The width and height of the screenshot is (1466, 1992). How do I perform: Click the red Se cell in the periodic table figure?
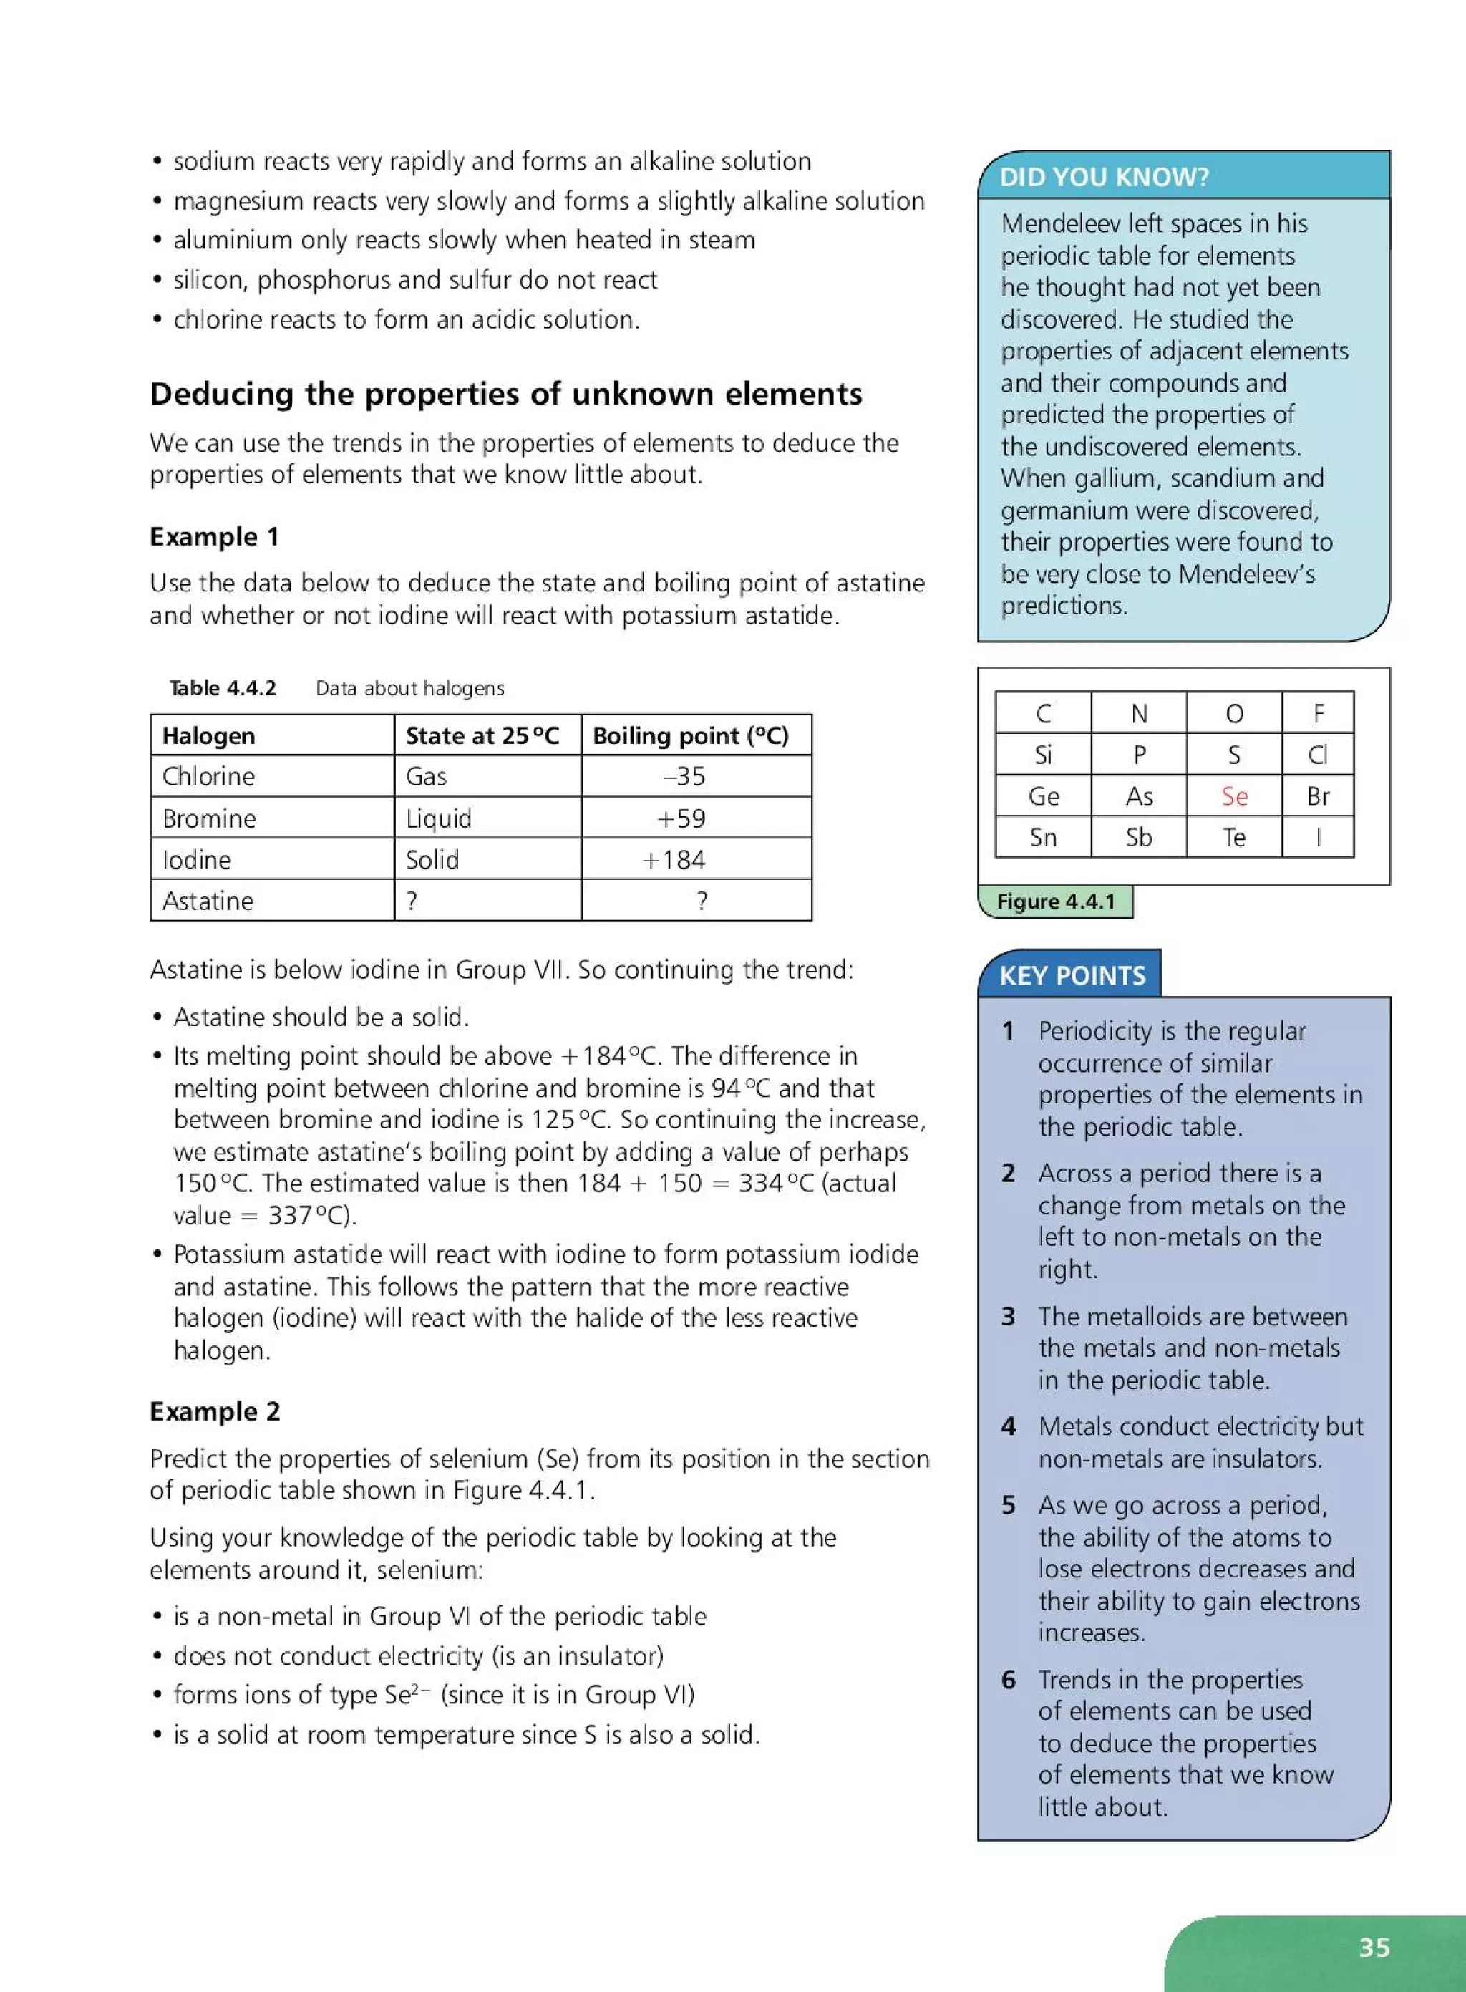1233,796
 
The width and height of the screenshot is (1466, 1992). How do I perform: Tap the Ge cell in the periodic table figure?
1043,796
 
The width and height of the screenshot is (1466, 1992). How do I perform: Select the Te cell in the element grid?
1233,837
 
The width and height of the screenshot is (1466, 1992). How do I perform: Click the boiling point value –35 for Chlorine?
684,776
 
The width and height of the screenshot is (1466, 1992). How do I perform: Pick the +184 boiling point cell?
674,859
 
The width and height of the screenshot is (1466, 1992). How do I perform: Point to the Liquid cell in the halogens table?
438,818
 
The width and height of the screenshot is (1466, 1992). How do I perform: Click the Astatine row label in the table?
208,900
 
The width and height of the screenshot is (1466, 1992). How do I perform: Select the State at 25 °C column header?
482,735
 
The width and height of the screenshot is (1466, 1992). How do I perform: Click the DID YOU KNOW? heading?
1103,177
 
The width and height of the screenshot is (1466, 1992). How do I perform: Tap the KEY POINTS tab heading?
1072,975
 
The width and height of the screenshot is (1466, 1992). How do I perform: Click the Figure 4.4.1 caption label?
1055,901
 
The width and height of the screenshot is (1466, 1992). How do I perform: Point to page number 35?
1374,1947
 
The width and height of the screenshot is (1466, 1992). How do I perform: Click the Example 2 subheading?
215,1411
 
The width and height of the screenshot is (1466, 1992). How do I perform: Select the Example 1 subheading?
214,536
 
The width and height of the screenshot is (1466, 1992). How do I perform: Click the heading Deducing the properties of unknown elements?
506,393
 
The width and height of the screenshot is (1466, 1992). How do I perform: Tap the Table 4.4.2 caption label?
223,688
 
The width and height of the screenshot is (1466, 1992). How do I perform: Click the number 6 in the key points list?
1008,1678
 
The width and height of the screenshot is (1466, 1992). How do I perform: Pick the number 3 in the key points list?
1008,1315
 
